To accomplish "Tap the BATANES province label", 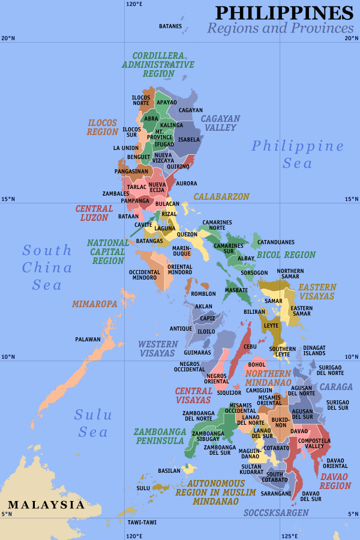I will (170, 26).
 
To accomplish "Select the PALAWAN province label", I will (88, 340).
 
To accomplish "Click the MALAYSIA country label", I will (46, 505).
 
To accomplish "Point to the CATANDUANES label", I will (276, 242).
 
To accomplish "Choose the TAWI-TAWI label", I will (142, 522).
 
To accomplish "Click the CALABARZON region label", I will (221, 197).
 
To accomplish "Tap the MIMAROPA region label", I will (94, 304).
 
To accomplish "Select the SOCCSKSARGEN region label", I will (276, 513).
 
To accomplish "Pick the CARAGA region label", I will (336, 387).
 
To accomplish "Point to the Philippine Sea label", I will (298, 154).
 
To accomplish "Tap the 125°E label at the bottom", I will (290, 536).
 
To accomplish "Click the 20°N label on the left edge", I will (8, 38).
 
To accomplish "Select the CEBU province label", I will (250, 347).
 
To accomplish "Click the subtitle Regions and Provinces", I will (280, 28).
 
